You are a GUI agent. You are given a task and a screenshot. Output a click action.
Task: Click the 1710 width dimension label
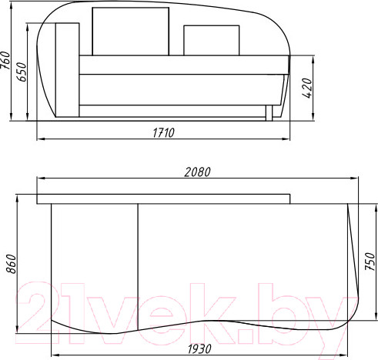(x=163, y=133)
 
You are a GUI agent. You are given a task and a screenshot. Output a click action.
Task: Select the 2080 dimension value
(x=197, y=172)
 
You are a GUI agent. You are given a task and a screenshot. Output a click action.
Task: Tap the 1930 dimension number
(x=199, y=349)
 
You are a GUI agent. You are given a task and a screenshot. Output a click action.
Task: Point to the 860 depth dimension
(x=11, y=264)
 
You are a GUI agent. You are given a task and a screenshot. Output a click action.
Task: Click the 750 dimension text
(x=370, y=262)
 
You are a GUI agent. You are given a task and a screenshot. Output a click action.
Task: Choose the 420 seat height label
(x=307, y=88)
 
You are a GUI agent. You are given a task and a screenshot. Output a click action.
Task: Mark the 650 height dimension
(x=22, y=72)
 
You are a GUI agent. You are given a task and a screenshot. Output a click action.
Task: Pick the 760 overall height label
(x=5, y=61)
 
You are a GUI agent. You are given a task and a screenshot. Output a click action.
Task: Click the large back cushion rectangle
(x=130, y=32)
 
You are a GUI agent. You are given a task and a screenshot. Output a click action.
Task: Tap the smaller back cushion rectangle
(x=212, y=40)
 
